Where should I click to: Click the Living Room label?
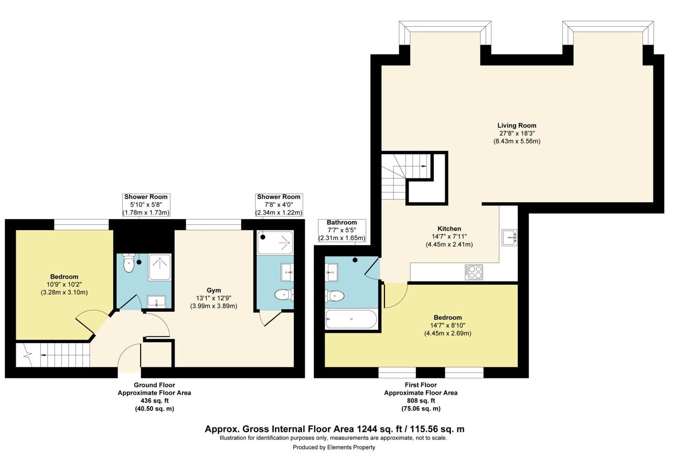click(x=517, y=126)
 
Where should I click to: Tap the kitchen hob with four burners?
click(x=474, y=271)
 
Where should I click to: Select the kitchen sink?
click(x=509, y=237)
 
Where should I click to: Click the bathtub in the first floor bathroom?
click(x=351, y=319)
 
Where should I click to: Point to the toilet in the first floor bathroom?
click(x=335, y=296)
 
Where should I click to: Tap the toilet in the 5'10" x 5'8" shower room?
click(x=129, y=264)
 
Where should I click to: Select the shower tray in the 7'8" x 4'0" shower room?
click(x=275, y=242)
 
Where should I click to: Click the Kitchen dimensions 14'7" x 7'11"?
click(x=449, y=236)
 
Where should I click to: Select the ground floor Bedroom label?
click(x=64, y=277)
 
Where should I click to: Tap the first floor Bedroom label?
click(x=447, y=318)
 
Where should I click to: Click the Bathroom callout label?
click(x=341, y=223)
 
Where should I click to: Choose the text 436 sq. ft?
click(x=154, y=400)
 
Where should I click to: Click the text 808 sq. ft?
click(x=421, y=400)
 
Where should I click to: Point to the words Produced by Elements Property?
click(x=334, y=447)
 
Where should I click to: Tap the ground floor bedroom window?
click(x=81, y=224)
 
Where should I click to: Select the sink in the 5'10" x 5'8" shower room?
click(x=156, y=301)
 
